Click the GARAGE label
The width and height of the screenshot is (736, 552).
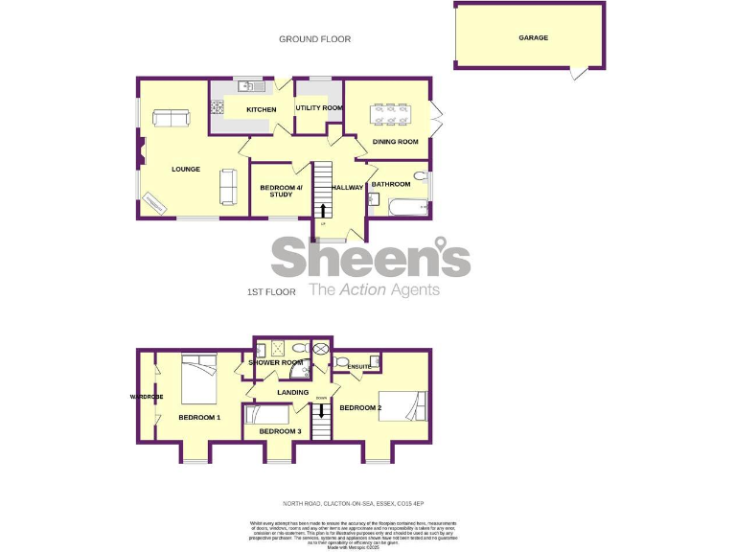(x=533, y=38)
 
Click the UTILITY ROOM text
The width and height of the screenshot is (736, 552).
(x=319, y=108)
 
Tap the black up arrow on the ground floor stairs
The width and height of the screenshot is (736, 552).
(x=323, y=211)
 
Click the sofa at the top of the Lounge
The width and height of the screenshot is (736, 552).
(x=172, y=119)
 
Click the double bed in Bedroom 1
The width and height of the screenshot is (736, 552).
(x=196, y=379)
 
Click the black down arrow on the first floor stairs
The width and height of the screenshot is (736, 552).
(x=323, y=409)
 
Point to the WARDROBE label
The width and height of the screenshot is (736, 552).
(x=148, y=397)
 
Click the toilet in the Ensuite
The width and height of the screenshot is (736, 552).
(x=342, y=362)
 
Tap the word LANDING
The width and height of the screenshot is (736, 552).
(x=292, y=392)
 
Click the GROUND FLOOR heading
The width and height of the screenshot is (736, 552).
(x=314, y=39)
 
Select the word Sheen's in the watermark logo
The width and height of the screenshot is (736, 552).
(x=370, y=258)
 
